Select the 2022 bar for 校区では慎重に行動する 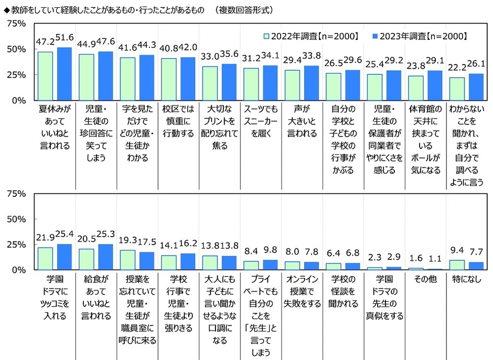coord(169,79)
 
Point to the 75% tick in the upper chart coord(16,24)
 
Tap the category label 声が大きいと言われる coord(301,121)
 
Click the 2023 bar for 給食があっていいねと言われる coord(105,257)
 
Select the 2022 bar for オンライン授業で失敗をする coord(292,266)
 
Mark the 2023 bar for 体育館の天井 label coord(435,86)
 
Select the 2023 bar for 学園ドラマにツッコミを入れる coord(64,257)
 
